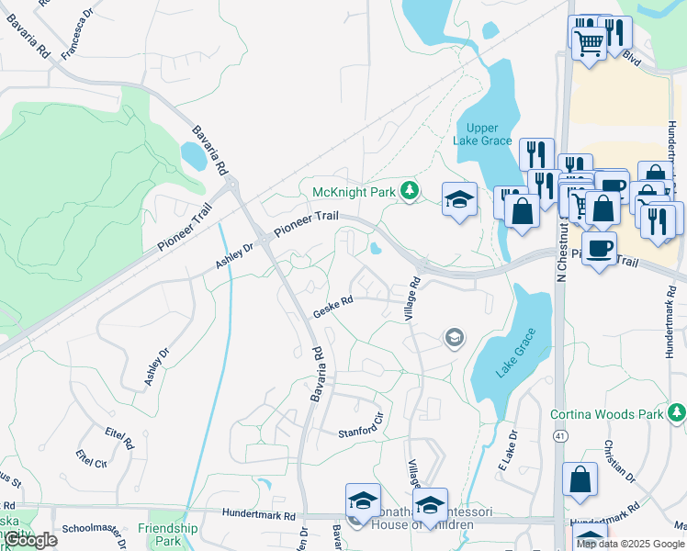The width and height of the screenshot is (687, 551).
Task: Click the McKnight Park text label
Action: click(x=352, y=192)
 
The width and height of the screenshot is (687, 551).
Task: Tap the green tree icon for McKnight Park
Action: click(x=410, y=192)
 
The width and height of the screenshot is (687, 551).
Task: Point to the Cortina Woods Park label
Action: click(x=607, y=414)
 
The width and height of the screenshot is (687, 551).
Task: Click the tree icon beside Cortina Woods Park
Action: click(x=676, y=414)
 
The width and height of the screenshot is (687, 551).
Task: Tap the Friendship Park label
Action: click(x=167, y=534)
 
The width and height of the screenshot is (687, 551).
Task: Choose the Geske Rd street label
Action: click(x=332, y=307)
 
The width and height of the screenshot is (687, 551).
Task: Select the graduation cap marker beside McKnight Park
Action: click(x=459, y=199)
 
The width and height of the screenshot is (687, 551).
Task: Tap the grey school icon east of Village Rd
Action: click(x=453, y=339)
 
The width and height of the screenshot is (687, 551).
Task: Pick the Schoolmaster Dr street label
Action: click(x=91, y=530)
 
